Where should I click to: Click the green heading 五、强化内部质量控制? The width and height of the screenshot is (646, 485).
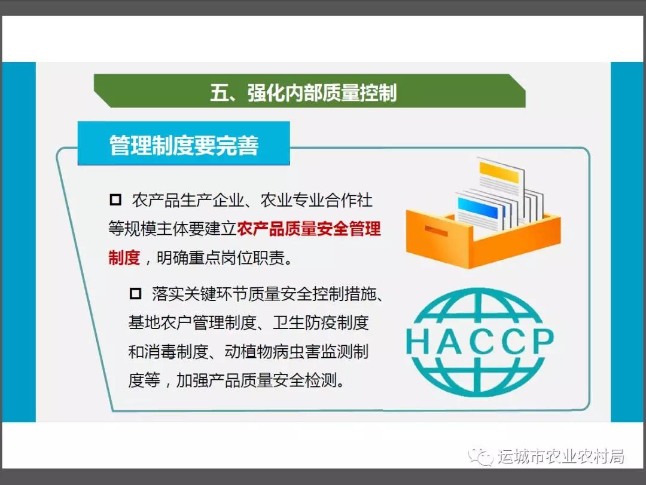point(304,93)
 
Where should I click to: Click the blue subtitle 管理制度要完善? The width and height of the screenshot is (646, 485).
point(184,145)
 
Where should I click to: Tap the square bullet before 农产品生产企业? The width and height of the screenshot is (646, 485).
point(115,199)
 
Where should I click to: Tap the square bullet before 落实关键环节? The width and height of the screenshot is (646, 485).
point(136,294)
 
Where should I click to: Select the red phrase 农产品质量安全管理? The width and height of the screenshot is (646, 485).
point(309,229)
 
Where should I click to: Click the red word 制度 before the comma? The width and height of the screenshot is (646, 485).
point(124,258)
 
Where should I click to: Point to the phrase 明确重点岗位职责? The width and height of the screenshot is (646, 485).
point(221,258)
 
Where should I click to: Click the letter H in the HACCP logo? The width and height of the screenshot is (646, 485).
point(418,342)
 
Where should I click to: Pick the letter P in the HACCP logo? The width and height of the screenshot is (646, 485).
point(541,341)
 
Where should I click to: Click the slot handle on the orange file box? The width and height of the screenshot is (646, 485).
point(436,231)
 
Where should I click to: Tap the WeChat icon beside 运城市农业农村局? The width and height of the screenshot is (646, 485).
point(480,456)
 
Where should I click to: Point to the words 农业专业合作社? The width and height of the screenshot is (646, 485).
point(316,200)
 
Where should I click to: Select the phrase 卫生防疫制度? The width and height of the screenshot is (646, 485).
point(321,323)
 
